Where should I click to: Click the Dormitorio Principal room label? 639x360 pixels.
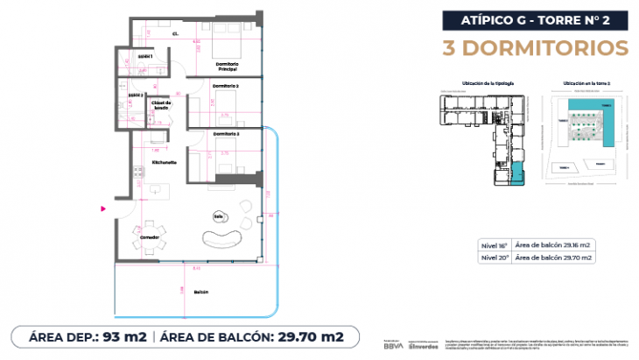[x=227, y=67]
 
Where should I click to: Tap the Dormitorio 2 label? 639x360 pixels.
[x=226, y=86]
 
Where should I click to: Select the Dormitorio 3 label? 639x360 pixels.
[x=226, y=133]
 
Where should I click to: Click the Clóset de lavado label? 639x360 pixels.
[x=165, y=105]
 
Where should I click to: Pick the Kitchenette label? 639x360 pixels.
[x=165, y=162]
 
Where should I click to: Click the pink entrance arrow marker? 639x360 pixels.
[x=103, y=208]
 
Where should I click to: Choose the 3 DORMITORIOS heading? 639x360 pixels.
[x=536, y=46]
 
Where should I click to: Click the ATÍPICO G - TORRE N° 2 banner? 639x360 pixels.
[x=534, y=18]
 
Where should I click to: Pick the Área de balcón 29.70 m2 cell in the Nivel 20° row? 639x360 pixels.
[x=555, y=258]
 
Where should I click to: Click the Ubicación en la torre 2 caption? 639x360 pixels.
[x=579, y=82]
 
